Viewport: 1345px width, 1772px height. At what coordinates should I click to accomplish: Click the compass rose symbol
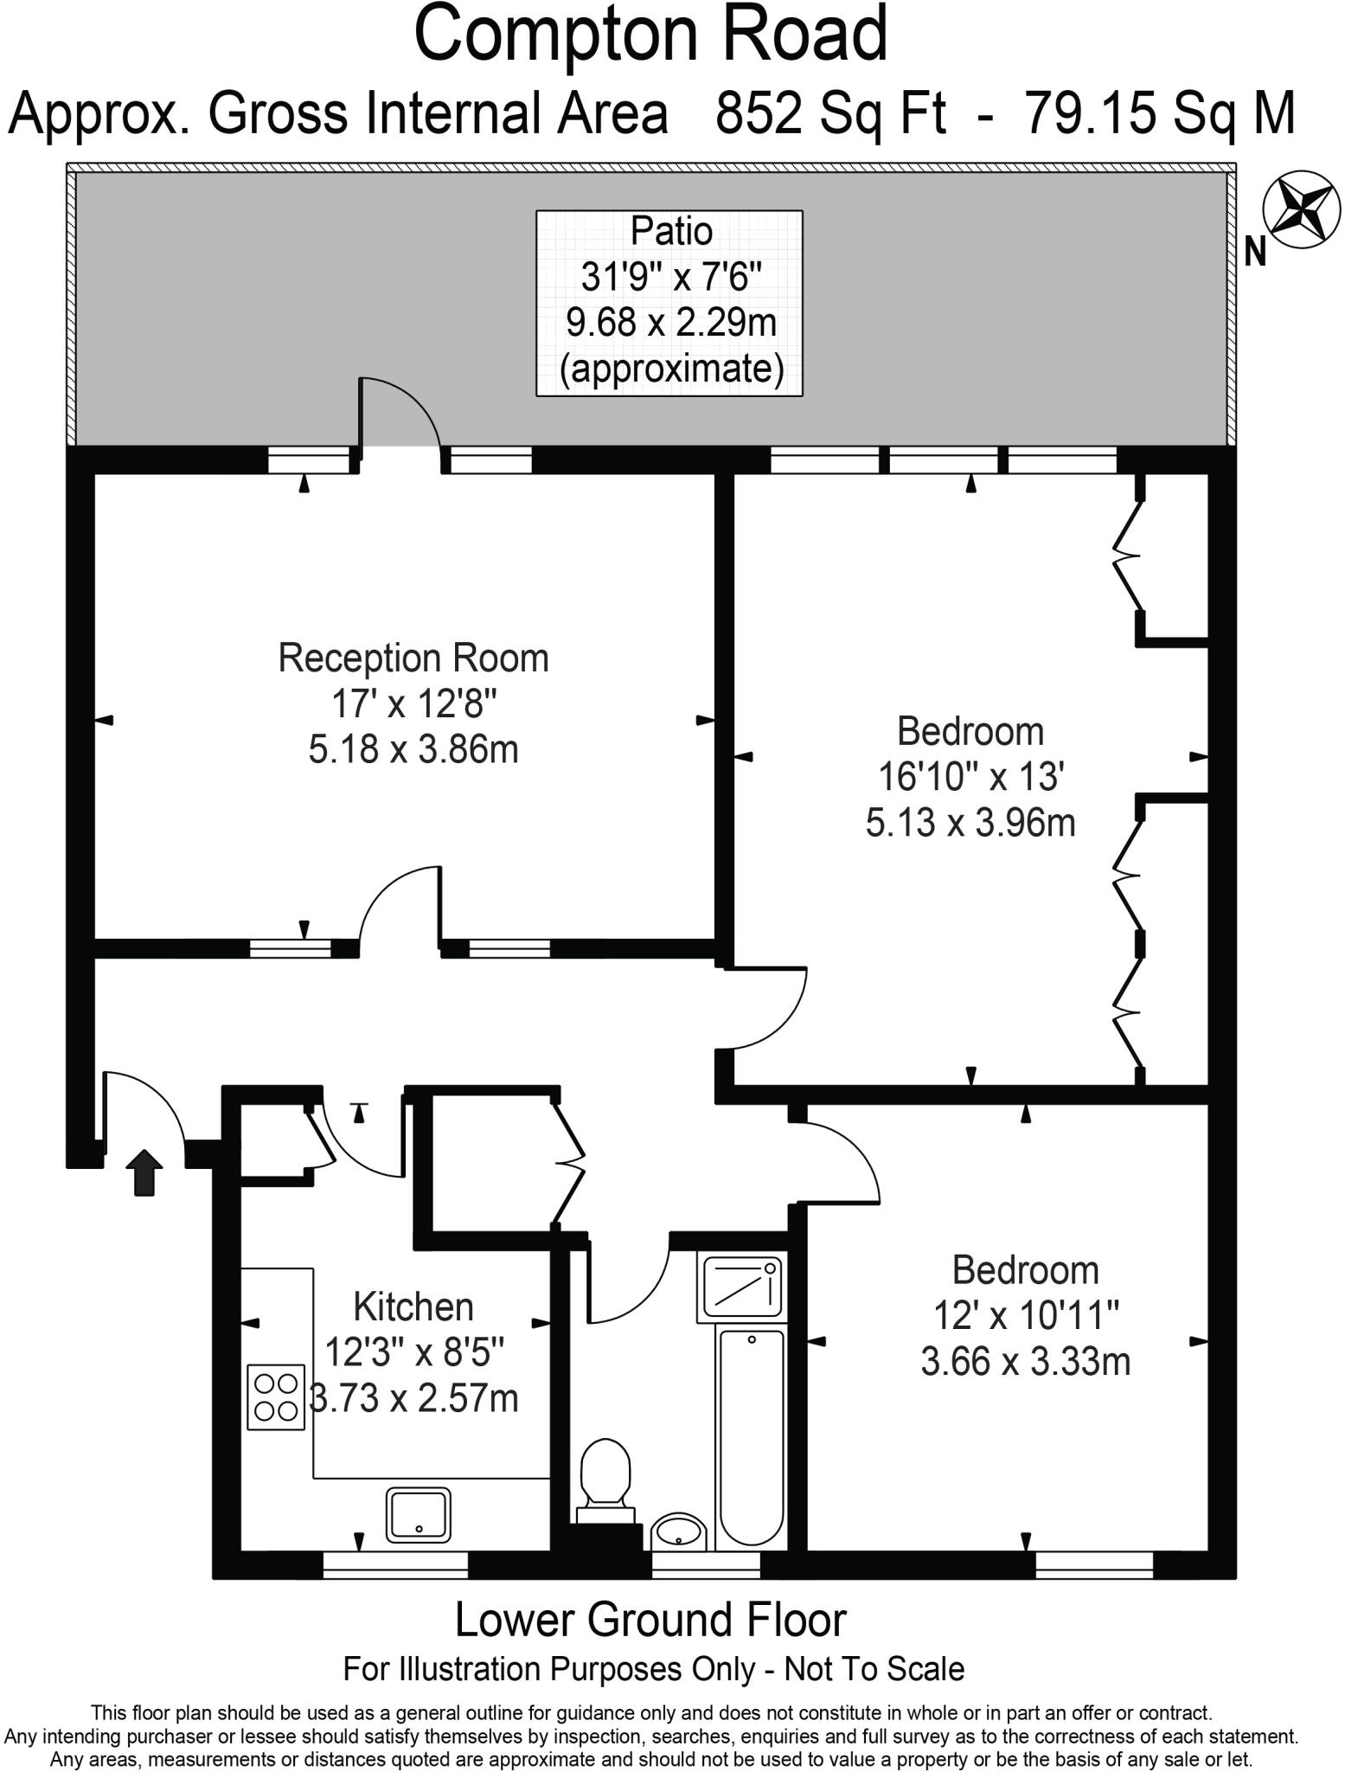click(x=1302, y=209)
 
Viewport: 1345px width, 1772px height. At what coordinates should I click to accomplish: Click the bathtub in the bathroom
click(x=752, y=1437)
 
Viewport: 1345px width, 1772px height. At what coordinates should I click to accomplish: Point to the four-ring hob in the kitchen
click(x=277, y=1396)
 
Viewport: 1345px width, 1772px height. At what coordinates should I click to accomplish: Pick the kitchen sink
click(x=419, y=1515)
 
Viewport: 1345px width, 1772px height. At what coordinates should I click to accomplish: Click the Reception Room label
click(x=413, y=658)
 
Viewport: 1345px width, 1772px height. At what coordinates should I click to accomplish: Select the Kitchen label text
click(x=413, y=1307)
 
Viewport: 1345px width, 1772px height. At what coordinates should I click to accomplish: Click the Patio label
click(x=671, y=232)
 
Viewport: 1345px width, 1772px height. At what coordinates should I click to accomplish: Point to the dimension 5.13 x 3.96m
click(x=970, y=822)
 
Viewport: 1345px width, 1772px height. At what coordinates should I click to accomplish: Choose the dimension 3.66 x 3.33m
click(x=1026, y=1362)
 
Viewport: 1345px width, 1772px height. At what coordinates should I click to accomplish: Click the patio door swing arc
click(x=401, y=411)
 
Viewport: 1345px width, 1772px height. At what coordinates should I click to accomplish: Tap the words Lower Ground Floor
click(x=650, y=1621)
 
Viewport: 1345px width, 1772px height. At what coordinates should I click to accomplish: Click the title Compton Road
click(x=650, y=35)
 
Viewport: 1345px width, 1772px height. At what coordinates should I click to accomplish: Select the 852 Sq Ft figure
click(x=830, y=113)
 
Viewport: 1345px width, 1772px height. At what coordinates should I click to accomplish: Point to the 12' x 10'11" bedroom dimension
click(x=1026, y=1316)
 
